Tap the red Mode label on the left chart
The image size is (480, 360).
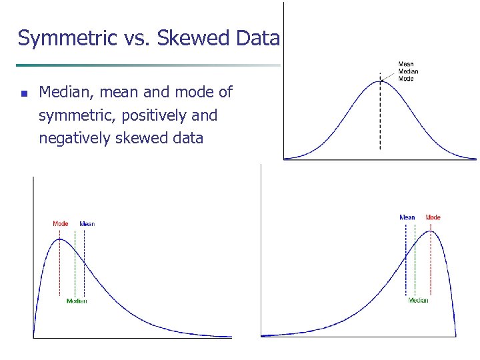(x=60, y=223)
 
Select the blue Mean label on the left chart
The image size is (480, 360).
(x=87, y=223)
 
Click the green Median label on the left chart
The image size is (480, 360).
(x=76, y=301)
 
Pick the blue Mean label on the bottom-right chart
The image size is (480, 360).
(x=407, y=217)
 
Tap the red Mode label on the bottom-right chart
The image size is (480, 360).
(x=433, y=217)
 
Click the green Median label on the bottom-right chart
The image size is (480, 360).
(x=418, y=301)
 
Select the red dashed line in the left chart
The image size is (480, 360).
(x=60, y=267)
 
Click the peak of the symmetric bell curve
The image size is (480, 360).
(x=381, y=81)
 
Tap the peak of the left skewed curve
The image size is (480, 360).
(x=60, y=239)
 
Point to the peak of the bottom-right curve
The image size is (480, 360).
(x=431, y=231)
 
